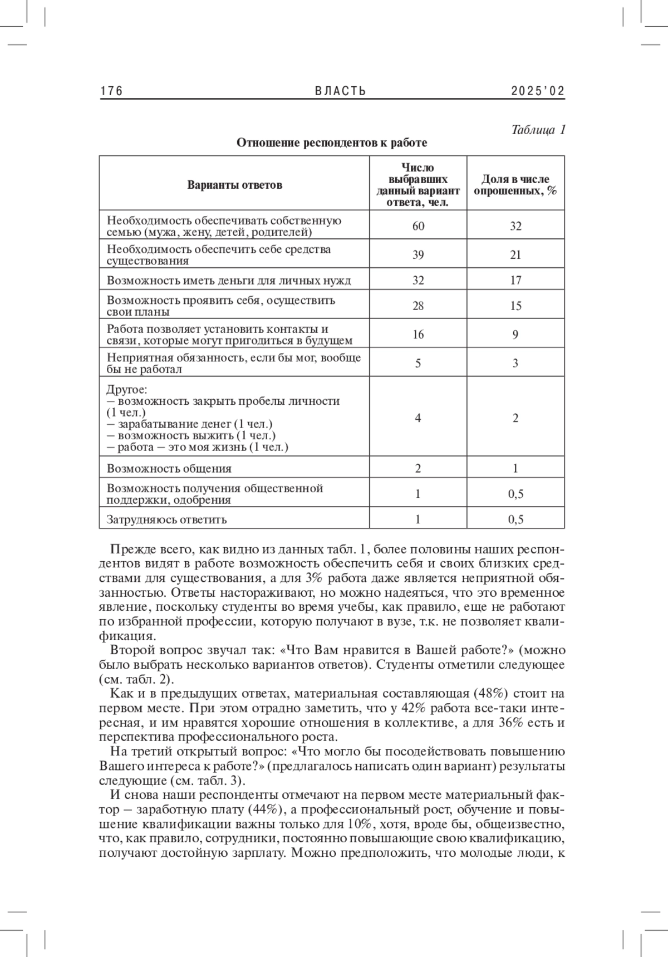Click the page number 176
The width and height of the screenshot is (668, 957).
pyautogui.click(x=111, y=91)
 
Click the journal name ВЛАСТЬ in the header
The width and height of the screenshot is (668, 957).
pyautogui.click(x=341, y=91)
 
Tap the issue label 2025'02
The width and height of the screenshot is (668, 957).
pyautogui.click(x=538, y=91)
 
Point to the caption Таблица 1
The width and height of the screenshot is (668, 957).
pyautogui.click(x=538, y=130)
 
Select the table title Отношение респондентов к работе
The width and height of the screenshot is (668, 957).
pyautogui.click(x=332, y=143)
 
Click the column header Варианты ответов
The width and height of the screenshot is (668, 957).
pyautogui.click(x=234, y=185)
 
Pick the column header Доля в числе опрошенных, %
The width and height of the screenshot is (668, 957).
pyautogui.click(x=515, y=185)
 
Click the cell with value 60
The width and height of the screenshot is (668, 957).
pyautogui.click(x=418, y=225)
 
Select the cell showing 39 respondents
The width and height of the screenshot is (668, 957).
pyautogui.click(x=418, y=254)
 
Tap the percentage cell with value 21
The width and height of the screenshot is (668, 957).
pyautogui.click(x=515, y=254)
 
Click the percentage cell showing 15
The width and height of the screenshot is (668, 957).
pyautogui.click(x=515, y=306)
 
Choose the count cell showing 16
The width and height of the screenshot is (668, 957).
pyautogui.click(x=418, y=334)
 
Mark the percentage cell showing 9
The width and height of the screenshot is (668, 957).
pyautogui.click(x=515, y=334)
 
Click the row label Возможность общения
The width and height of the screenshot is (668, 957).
pyautogui.click(x=169, y=469)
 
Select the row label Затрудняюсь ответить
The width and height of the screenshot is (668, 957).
pyautogui.click(x=167, y=520)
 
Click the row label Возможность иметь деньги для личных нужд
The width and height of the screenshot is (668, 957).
pyautogui.click(x=229, y=281)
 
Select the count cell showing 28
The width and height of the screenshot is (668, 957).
pyautogui.click(x=418, y=306)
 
